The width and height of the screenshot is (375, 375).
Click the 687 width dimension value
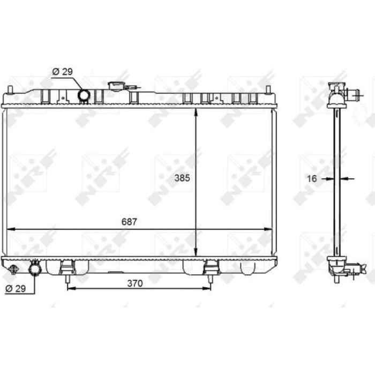pos(129,222)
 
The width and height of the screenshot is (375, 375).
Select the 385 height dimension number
pos(182,178)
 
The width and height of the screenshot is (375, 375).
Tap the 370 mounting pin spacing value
pos(135,283)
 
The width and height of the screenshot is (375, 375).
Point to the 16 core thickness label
pos(312,178)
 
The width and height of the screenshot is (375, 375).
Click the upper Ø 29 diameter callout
pos(63,71)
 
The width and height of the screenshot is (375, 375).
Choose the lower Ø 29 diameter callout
pos(16,289)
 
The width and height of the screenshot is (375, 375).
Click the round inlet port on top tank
pos(84,95)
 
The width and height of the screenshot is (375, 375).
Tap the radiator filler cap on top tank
pos(116,86)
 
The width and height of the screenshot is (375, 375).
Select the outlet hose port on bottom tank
pos(35,269)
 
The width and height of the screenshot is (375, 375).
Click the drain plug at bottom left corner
pos(13,269)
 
